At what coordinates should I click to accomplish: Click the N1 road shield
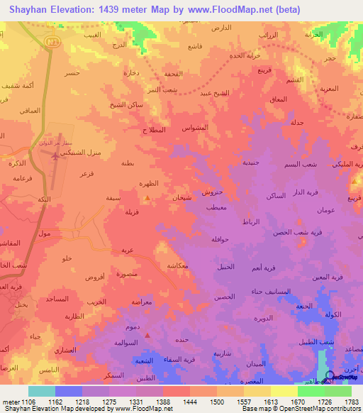(x=50, y=43)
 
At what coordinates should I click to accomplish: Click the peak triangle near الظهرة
(x=147, y=199)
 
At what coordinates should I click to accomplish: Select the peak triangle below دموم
(x=147, y=335)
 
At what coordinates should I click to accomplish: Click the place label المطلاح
(x=154, y=131)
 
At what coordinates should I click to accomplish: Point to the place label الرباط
(x=251, y=222)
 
